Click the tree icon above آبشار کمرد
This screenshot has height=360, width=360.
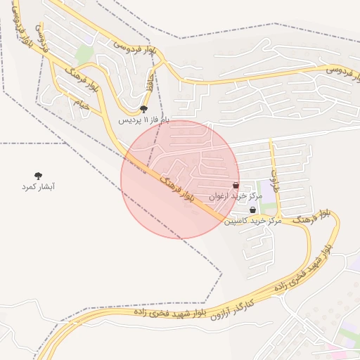tap(38, 176)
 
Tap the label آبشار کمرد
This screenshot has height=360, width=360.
tap(39, 187)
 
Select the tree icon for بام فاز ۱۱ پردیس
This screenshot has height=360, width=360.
tap(144, 109)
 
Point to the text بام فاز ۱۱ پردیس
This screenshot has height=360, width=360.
tap(144, 120)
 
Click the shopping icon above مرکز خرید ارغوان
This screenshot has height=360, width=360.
tap(236, 186)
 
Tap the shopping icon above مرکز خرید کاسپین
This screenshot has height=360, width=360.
tap(252, 210)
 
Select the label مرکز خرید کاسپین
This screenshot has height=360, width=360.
tap(252, 221)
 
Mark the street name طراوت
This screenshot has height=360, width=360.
tap(275, 172)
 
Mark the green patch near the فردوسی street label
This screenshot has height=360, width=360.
tap(84, 53)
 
